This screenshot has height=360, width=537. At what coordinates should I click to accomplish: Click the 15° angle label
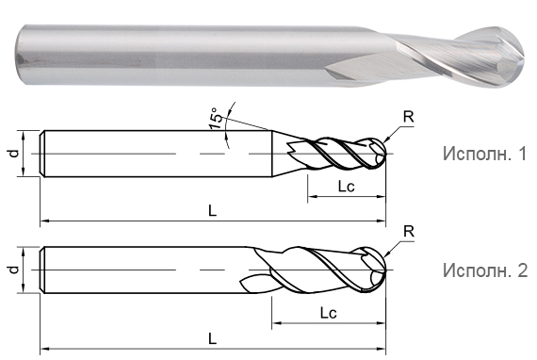tap(217, 119)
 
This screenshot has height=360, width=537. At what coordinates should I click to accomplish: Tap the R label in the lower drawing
tap(409, 231)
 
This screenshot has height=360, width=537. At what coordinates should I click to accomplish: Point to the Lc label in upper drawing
tap(346, 188)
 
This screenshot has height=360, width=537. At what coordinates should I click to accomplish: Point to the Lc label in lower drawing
tap(329, 310)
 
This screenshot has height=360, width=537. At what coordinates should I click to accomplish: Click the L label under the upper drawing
tap(212, 211)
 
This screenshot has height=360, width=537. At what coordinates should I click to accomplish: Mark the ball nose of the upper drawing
tap(377, 153)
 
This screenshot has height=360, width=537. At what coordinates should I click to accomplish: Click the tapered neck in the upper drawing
tap(280, 152)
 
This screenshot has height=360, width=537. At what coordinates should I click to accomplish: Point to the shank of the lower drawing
tap(141, 270)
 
